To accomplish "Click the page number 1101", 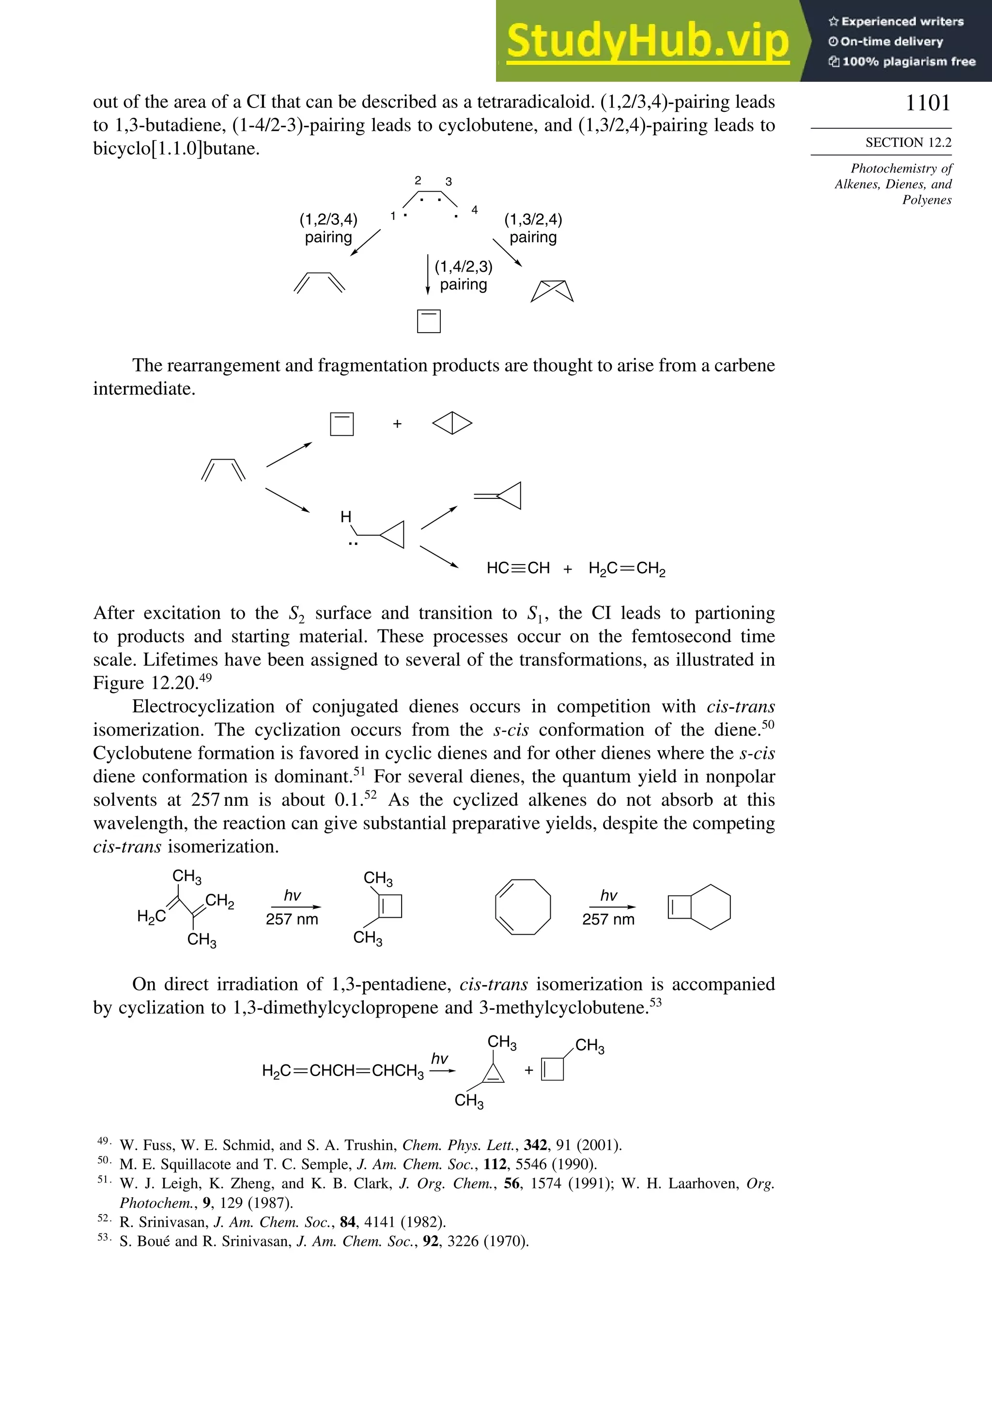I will click(x=927, y=103).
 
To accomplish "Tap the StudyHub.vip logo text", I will click(x=648, y=41).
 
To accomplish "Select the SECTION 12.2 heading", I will click(x=908, y=142).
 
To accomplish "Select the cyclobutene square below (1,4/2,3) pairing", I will click(x=428, y=321).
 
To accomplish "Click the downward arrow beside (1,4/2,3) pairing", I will click(x=428, y=274).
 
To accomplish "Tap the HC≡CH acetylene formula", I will click(x=517, y=568).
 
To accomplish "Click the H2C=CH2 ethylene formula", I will click(x=627, y=569).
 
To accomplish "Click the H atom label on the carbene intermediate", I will click(x=346, y=517).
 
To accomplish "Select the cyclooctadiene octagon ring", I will click(x=523, y=907).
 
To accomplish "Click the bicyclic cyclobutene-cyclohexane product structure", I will click(x=699, y=907).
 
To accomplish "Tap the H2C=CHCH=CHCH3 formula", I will click(x=342, y=1070).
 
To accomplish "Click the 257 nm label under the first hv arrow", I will click(x=292, y=919).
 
